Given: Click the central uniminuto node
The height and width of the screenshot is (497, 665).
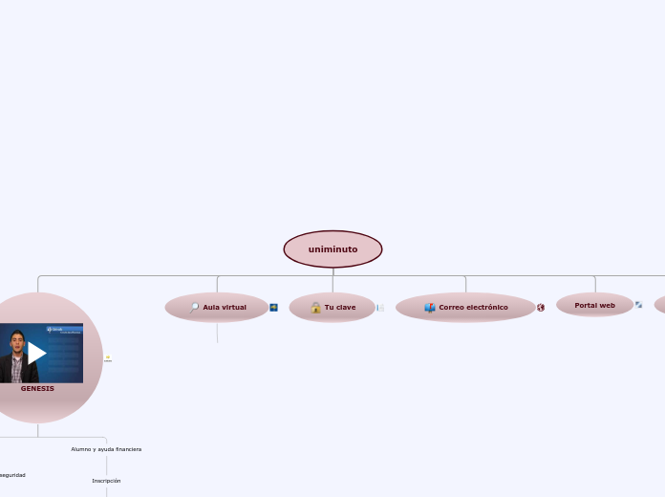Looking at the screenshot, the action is pyautogui.click(x=332, y=249).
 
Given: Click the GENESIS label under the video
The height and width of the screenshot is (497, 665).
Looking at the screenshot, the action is pyautogui.click(x=37, y=389).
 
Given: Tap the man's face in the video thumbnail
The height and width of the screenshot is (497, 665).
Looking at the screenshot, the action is pyautogui.click(x=16, y=343).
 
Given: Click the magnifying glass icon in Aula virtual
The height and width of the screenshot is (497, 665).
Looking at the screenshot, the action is pyautogui.click(x=194, y=308).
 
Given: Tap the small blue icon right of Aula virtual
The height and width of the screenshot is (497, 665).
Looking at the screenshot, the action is pyautogui.click(x=274, y=308).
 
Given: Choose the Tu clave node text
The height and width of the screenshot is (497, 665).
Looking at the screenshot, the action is pyautogui.click(x=340, y=308).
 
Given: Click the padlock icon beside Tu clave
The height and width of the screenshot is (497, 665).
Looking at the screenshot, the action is pyautogui.click(x=315, y=308).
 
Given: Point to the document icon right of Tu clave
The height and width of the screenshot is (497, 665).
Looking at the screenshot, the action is pyautogui.click(x=380, y=308).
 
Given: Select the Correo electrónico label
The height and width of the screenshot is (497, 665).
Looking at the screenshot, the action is pyautogui.click(x=473, y=308).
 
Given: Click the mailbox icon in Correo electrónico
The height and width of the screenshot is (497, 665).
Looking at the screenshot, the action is pyautogui.click(x=430, y=308).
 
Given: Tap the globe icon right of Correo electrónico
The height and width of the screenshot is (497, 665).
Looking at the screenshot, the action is pyautogui.click(x=541, y=308).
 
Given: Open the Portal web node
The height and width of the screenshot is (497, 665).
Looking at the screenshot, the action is pyautogui.click(x=594, y=306).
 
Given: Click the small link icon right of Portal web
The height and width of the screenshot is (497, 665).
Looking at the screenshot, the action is pyautogui.click(x=638, y=305).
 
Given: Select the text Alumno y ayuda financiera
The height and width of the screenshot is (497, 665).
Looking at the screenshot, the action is pyautogui.click(x=106, y=449).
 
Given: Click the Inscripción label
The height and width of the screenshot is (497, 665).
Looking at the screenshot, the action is pyautogui.click(x=106, y=481).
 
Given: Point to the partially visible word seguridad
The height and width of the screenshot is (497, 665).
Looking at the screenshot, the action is pyautogui.click(x=12, y=475).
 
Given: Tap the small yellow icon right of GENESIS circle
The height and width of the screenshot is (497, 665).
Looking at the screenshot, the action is pyautogui.click(x=108, y=358).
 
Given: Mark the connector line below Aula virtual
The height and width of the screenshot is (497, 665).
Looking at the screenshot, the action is pyautogui.click(x=218, y=332).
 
